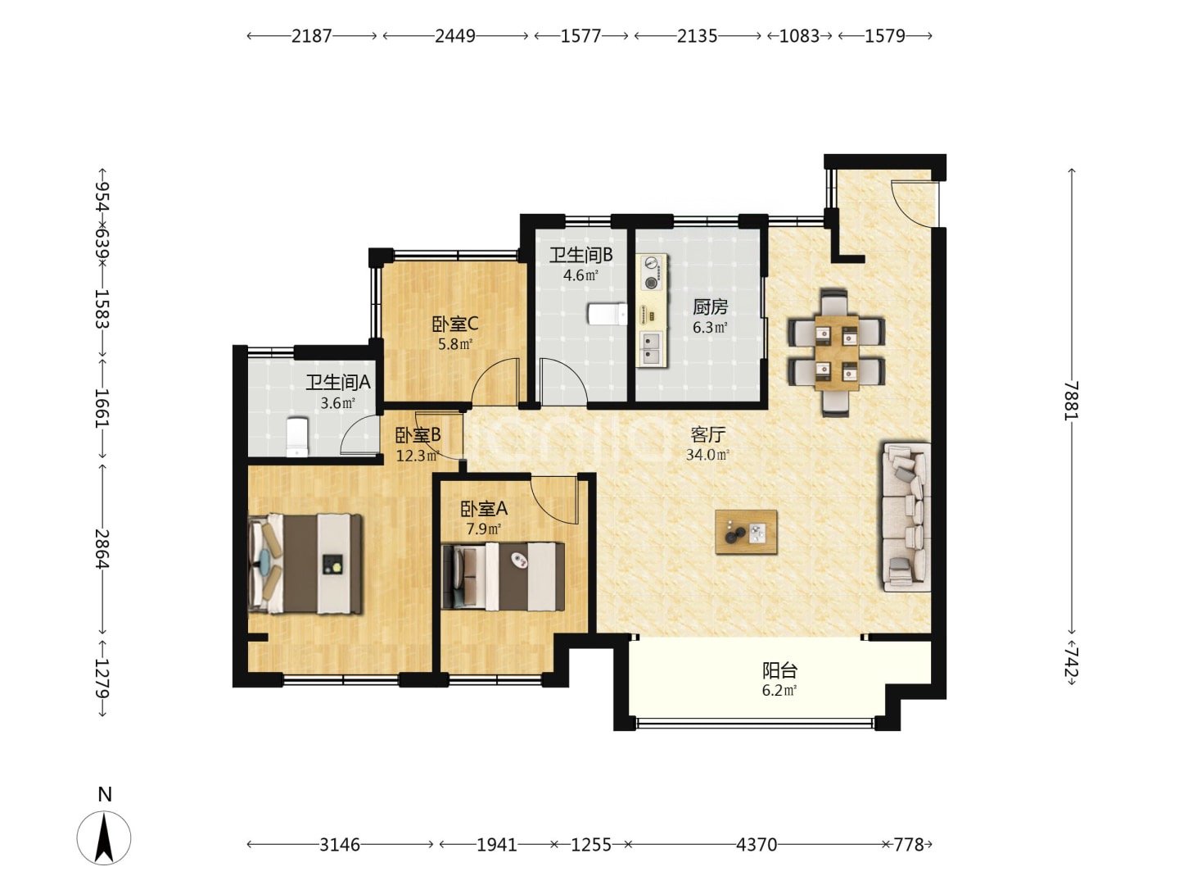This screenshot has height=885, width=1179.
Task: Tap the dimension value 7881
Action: [x=1071, y=401]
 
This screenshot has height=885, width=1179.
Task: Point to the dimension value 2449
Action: [x=455, y=36]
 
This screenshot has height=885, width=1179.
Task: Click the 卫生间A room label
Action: [x=338, y=382]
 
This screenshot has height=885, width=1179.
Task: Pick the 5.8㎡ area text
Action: [x=455, y=344]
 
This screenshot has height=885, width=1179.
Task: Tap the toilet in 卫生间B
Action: [x=607, y=314]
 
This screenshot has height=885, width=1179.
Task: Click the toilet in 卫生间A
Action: [x=297, y=438]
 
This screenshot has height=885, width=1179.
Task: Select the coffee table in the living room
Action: [x=746, y=532]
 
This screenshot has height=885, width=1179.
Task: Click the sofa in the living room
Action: [x=906, y=517]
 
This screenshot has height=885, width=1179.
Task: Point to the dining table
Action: [x=836, y=353]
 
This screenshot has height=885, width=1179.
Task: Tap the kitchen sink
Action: [x=652, y=347]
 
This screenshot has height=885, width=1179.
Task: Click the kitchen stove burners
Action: [x=652, y=272]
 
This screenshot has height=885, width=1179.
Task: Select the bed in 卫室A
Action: [x=503, y=577]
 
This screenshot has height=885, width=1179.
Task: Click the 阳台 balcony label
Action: [x=780, y=670]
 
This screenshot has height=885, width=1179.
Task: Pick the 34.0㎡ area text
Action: [x=707, y=455]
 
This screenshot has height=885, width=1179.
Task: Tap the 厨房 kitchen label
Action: [x=710, y=306]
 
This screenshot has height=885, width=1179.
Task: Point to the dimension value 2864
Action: [x=102, y=549]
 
